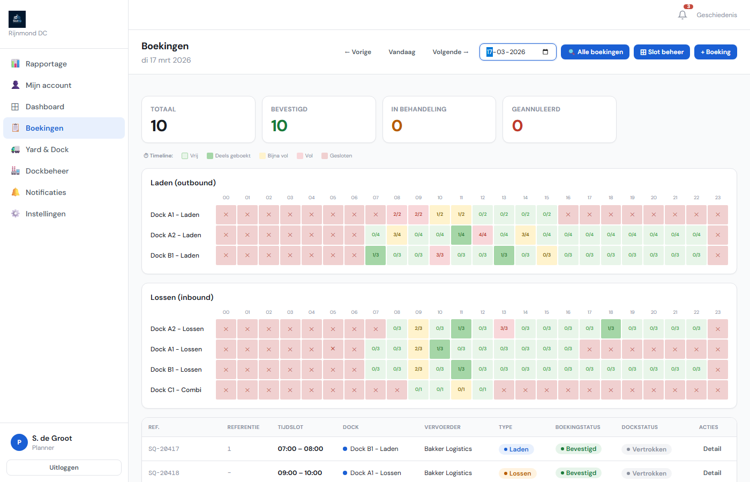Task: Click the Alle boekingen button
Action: (x=595, y=52)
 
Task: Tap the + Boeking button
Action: (x=715, y=52)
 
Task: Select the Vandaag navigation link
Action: (x=402, y=52)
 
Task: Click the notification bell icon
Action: (x=682, y=15)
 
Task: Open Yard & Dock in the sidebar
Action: (x=47, y=149)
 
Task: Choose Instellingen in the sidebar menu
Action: (x=46, y=214)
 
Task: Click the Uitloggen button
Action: (x=64, y=468)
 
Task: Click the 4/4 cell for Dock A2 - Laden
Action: (x=483, y=235)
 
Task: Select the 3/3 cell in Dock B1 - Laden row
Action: (x=440, y=255)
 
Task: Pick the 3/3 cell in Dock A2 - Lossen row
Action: (x=504, y=329)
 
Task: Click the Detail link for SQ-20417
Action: (x=712, y=449)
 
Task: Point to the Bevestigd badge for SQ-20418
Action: (x=578, y=473)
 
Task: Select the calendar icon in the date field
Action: (x=545, y=52)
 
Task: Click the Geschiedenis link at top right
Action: (x=716, y=15)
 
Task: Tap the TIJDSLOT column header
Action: (x=290, y=427)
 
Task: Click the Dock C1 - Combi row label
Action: (x=176, y=390)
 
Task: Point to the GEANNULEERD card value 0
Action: (x=517, y=126)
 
